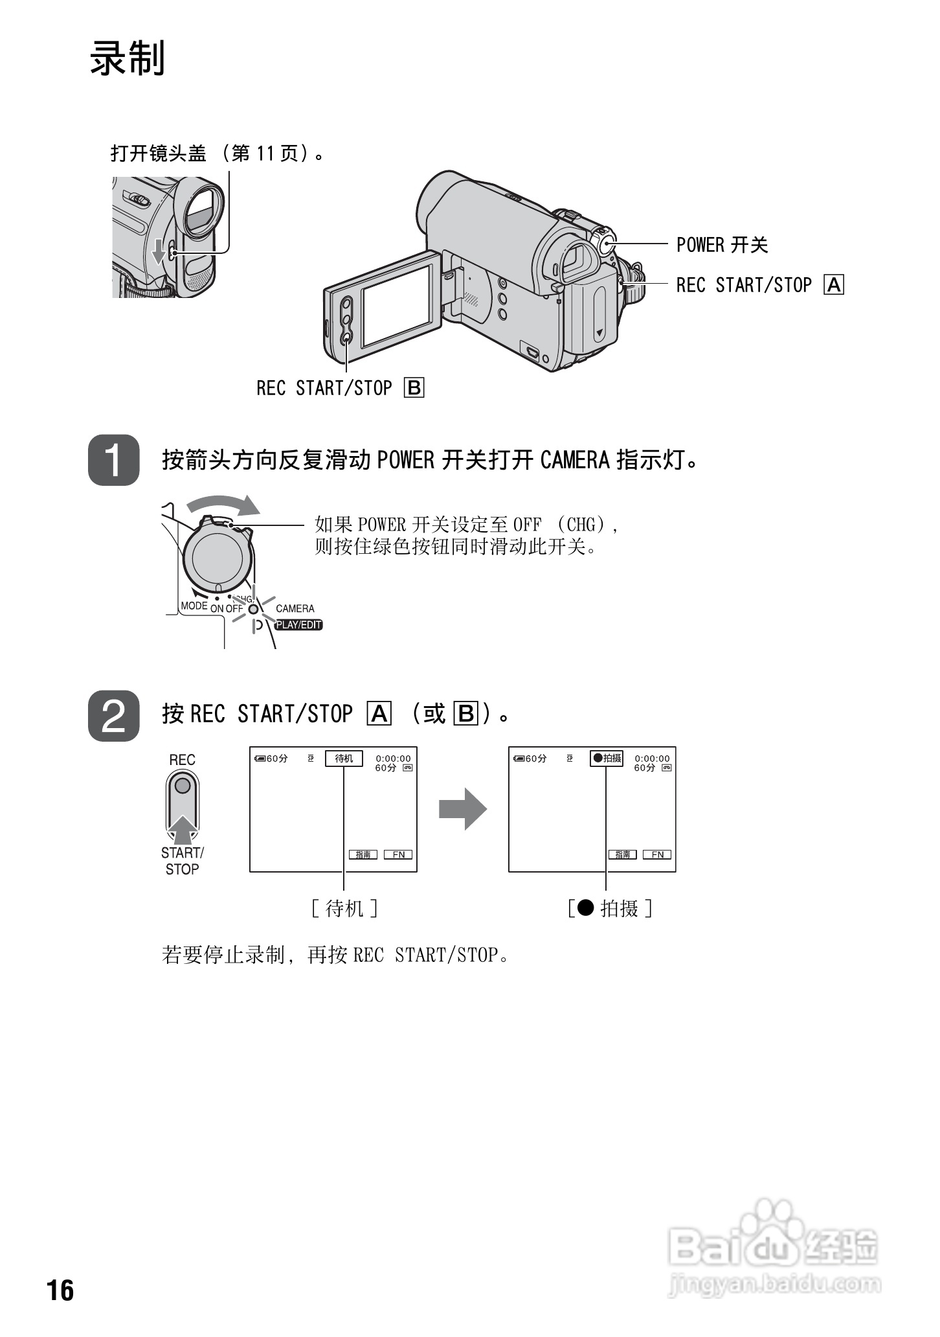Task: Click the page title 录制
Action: tap(128, 58)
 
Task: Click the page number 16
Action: tap(60, 1290)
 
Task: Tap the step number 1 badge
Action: tap(114, 461)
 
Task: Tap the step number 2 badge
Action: tap(114, 715)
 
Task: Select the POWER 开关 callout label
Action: tap(722, 245)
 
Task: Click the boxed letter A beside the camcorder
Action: tap(834, 285)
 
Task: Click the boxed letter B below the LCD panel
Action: tap(414, 388)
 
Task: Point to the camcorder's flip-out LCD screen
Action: tap(396, 304)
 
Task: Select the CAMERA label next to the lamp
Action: tap(295, 609)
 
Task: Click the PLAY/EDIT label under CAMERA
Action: tap(298, 625)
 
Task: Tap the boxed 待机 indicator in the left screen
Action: tap(344, 759)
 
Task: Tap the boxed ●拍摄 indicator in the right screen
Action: tap(607, 759)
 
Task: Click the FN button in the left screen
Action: tap(398, 854)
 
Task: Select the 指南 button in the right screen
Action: tap(623, 854)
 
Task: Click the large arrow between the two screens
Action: tap(462, 809)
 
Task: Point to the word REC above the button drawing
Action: tap(182, 760)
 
